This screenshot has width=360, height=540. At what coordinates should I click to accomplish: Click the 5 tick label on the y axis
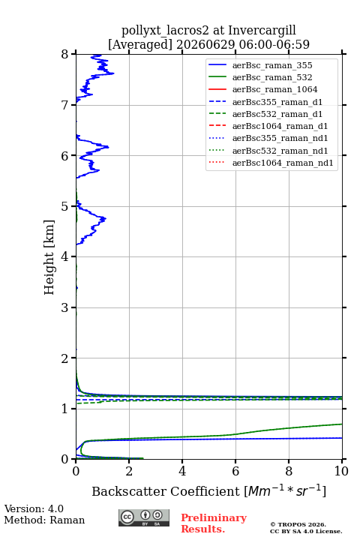pos(65,206)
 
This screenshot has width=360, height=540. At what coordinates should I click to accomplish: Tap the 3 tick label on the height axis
pos(65,307)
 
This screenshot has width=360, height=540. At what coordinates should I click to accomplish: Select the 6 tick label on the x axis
pos(235,471)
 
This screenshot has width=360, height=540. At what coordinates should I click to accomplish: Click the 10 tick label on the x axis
pos(342,471)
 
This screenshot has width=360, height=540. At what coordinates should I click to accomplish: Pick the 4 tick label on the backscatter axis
pos(182,471)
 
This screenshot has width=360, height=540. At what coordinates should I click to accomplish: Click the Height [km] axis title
pos(49,257)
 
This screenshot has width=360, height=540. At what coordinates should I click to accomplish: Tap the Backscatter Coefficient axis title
pos(208,491)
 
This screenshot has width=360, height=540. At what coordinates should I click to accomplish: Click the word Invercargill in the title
pos(262,30)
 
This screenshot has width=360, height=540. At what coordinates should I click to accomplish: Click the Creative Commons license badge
pos(144,518)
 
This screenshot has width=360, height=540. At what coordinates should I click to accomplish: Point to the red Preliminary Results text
pos(214,523)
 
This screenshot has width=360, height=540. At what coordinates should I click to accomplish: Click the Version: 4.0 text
pos(34,508)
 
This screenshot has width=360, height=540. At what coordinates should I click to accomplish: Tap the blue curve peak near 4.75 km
pos(105,218)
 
